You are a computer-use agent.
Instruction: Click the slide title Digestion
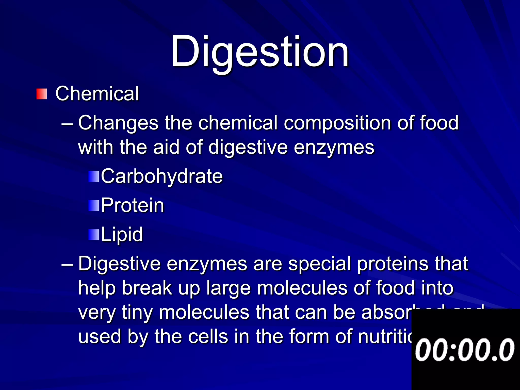[x=260, y=52]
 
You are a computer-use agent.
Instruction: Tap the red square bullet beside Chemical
[x=42, y=94]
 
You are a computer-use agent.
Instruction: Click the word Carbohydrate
[x=162, y=176]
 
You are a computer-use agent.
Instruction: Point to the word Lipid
[x=122, y=234]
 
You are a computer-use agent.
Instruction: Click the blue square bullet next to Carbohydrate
[x=93, y=176]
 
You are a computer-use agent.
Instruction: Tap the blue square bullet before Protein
[x=93, y=206]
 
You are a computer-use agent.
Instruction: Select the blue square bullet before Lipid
[x=93, y=235]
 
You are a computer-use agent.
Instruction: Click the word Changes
[x=118, y=123]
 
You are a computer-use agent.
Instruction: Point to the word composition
[x=337, y=123]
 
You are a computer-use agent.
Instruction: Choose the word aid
[x=166, y=147]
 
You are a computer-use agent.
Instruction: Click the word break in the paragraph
[x=147, y=288]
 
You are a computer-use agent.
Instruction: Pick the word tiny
[x=137, y=312]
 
